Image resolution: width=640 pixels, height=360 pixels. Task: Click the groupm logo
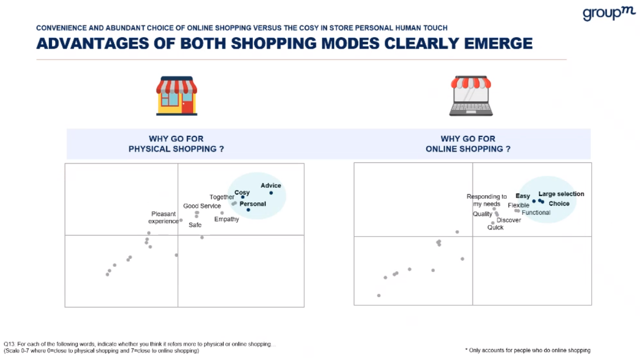609,13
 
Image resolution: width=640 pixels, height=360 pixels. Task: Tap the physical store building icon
177,96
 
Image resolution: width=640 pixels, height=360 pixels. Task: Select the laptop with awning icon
471,96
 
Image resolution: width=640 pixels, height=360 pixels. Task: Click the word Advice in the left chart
270,186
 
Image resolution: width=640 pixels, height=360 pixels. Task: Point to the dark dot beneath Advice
271,193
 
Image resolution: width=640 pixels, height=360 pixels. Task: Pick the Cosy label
242,193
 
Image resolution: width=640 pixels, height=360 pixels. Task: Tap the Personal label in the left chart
253,204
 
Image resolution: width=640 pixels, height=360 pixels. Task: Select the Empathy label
227,219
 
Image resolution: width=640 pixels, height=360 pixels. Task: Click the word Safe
195,225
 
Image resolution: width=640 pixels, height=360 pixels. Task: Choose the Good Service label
202,206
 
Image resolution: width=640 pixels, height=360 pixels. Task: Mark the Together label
222,197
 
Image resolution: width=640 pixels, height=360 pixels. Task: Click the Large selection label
561,194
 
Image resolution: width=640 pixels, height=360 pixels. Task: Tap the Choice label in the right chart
559,204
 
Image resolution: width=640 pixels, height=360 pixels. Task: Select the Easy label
523,196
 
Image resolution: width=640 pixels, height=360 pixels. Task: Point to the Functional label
536,213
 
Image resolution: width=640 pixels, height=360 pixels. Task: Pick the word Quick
495,227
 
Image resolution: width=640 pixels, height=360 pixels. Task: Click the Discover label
509,220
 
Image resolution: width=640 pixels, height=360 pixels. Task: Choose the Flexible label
518,205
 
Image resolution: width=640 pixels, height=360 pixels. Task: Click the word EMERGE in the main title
498,43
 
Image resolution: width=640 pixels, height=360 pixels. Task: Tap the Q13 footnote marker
9,344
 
